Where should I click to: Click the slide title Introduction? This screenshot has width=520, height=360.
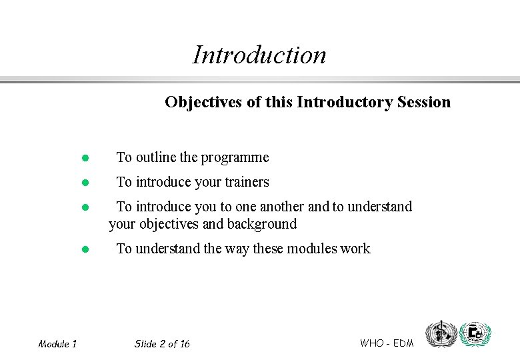[259, 55]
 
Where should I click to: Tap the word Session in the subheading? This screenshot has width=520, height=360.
[423, 102]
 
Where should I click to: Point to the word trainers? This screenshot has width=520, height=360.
[247, 182]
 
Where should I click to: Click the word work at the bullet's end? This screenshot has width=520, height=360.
[355, 249]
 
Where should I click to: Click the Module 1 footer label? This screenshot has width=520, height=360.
[57, 344]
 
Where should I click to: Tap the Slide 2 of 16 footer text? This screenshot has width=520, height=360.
[162, 344]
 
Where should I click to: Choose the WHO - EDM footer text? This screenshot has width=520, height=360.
[387, 343]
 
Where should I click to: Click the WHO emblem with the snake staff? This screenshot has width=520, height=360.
[441, 333]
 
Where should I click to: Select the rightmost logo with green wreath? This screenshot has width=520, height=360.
[475, 333]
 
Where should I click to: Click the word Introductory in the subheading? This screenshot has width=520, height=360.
[344, 102]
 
